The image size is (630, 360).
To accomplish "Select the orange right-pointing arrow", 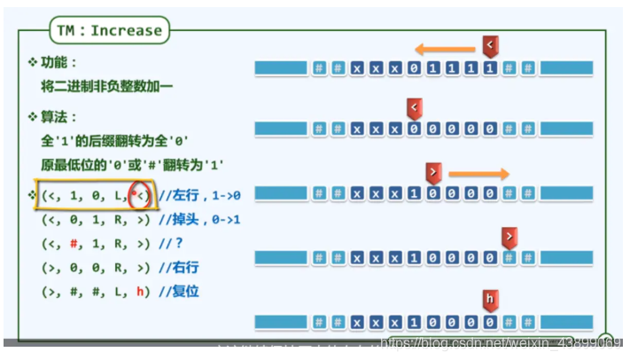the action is (x=478, y=174).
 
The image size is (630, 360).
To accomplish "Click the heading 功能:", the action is (x=58, y=63).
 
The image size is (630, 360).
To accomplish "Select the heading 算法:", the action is (x=58, y=117).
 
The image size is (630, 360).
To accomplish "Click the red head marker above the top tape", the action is (x=490, y=44).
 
